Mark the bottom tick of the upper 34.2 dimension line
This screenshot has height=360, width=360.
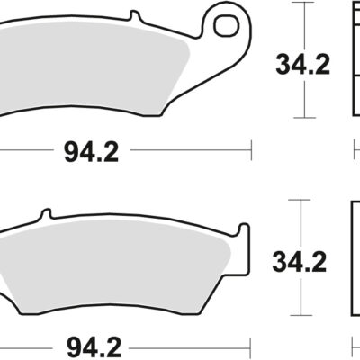pyautogui.click(x=307, y=118)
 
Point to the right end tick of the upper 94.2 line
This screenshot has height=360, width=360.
pyautogui.click(x=252, y=150)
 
